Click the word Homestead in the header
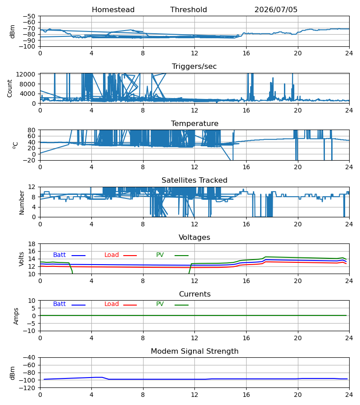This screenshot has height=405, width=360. [x=113, y=10]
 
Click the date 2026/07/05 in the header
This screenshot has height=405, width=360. [x=276, y=10]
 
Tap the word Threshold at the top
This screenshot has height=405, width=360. [x=189, y=10]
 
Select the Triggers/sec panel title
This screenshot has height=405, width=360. [x=194, y=67]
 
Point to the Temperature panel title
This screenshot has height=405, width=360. [x=194, y=123]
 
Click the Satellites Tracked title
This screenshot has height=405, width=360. [x=194, y=180]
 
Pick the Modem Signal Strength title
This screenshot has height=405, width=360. [x=194, y=351]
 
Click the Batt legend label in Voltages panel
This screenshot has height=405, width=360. [x=59, y=255]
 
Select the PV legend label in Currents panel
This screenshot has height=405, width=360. [x=160, y=304]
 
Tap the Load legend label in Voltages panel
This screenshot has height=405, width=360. [x=112, y=255]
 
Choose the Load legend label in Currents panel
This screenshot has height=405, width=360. [x=112, y=304]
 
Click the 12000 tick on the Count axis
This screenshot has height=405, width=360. [x=26, y=74]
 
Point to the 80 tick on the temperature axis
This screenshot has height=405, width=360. [x=31, y=130]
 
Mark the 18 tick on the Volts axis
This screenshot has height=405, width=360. [x=31, y=244]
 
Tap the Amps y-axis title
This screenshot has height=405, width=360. [x=16, y=316]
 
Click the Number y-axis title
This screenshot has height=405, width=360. [x=22, y=202]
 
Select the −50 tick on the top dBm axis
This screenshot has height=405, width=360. [x=29, y=16]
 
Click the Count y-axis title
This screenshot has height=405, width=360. [x=9, y=89]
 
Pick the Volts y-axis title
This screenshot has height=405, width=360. [x=21, y=259]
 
